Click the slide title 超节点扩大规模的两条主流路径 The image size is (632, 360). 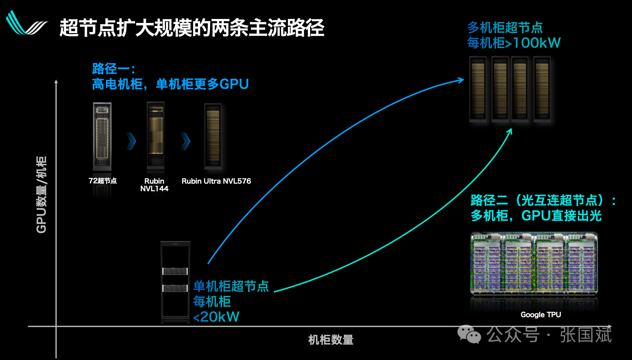[x=192, y=27]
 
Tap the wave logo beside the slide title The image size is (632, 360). [x=26, y=24]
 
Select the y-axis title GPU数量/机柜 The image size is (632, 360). [x=42, y=194]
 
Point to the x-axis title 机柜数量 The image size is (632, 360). [x=331, y=340]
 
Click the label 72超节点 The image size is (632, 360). [x=102, y=181]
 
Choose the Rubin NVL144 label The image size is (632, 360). [x=154, y=185]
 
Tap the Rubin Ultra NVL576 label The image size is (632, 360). [x=216, y=181]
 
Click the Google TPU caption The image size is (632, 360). [x=541, y=315]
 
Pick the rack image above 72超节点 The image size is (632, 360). [x=102, y=136]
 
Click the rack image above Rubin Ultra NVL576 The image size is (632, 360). [x=213, y=135]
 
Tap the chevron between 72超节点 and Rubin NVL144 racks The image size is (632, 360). [x=131, y=141]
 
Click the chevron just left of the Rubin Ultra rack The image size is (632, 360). [x=185, y=141]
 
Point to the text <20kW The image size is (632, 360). [x=216, y=317]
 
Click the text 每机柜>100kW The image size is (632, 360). [x=514, y=43]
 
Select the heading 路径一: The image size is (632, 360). [x=114, y=69]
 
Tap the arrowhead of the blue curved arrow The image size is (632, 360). [x=462, y=80]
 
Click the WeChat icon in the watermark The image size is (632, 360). [x=469, y=334]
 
